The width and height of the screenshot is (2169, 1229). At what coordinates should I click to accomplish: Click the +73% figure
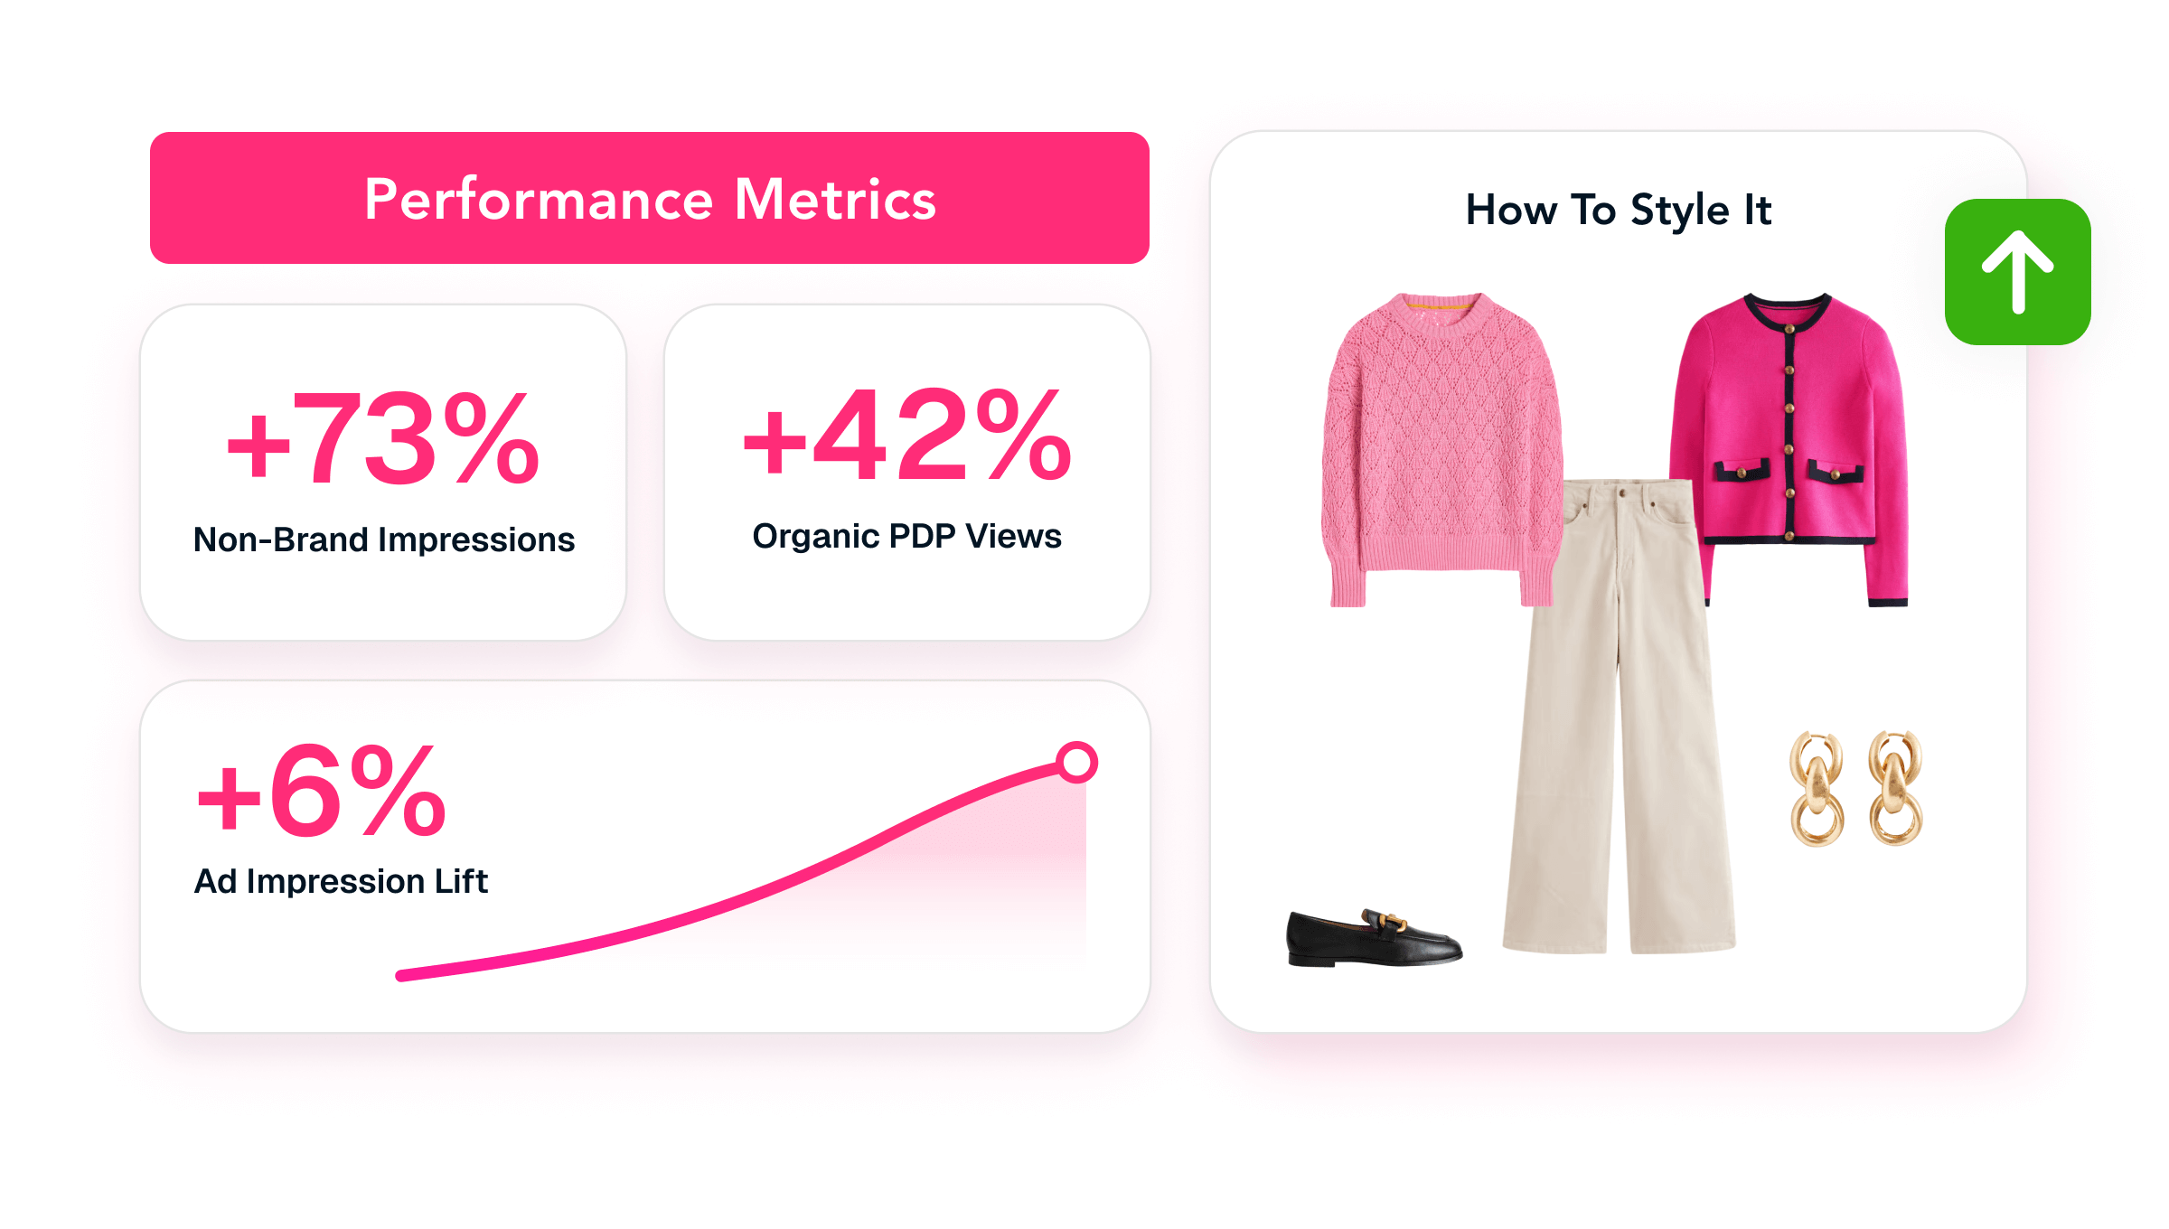383,439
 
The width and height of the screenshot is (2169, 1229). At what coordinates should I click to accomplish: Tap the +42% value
907,435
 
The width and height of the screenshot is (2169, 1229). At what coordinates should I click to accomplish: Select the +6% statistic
322,790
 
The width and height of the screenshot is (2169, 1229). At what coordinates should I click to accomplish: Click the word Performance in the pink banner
539,200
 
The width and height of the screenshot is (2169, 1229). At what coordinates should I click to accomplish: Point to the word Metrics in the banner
835,199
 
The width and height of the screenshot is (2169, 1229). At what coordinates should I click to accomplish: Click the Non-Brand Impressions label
384,539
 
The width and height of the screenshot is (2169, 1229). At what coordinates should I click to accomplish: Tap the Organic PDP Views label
906,536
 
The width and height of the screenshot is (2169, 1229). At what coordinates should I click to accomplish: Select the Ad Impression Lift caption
342,881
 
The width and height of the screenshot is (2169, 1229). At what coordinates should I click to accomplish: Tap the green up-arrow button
2018,272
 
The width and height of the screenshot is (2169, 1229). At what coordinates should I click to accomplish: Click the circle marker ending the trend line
1077,762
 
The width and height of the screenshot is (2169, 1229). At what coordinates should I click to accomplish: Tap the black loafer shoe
1374,939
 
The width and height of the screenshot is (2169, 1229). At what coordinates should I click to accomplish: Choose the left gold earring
1817,789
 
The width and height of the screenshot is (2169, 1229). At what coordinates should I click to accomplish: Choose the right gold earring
1896,788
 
